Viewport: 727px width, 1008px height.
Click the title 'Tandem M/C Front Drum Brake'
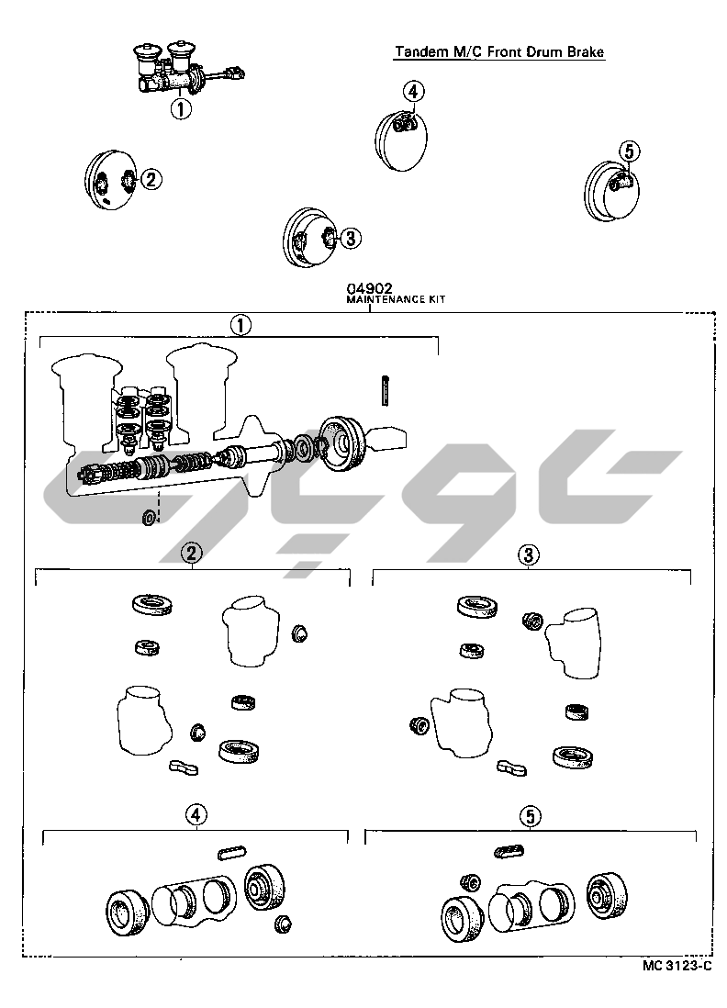click(x=499, y=51)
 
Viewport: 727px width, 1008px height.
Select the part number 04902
click(x=369, y=288)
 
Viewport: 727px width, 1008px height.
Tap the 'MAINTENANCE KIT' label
click(x=396, y=299)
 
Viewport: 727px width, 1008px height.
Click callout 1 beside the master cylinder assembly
click(x=181, y=108)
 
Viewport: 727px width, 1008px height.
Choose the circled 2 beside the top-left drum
click(x=151, y=179)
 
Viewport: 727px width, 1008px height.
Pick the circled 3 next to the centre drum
click(x=350, y=239)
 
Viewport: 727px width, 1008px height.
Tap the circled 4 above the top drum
click(x=413, y=91)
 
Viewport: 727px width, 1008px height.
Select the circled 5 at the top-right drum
click(x=630, y=151)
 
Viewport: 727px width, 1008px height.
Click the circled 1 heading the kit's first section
click(x=241, y=326)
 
